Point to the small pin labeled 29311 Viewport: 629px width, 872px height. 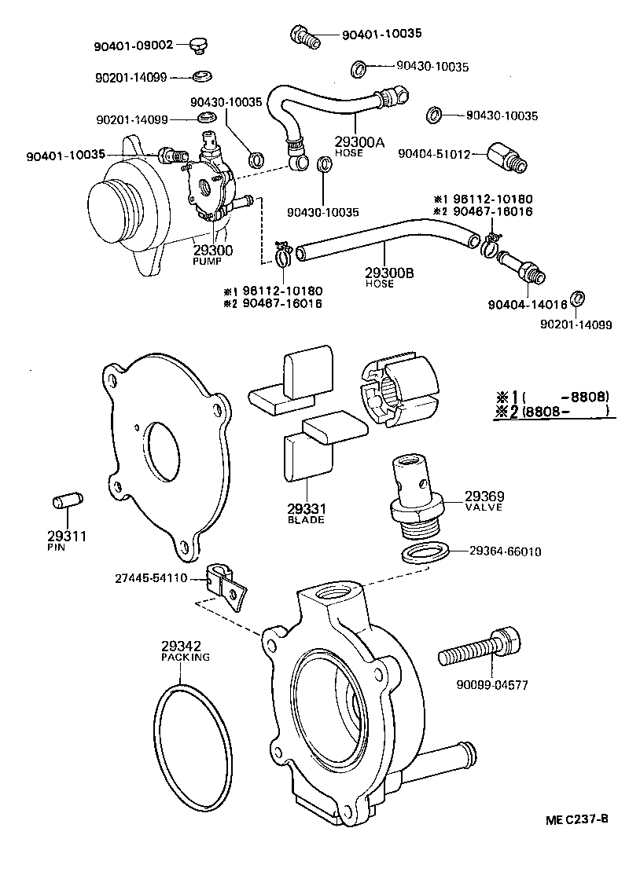[66, 502]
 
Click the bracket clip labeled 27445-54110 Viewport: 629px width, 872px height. [223, 584]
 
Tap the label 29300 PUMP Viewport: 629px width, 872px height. [213, 255]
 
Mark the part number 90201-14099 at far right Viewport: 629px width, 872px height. [576, 325]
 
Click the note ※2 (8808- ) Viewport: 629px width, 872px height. [551, 411]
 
